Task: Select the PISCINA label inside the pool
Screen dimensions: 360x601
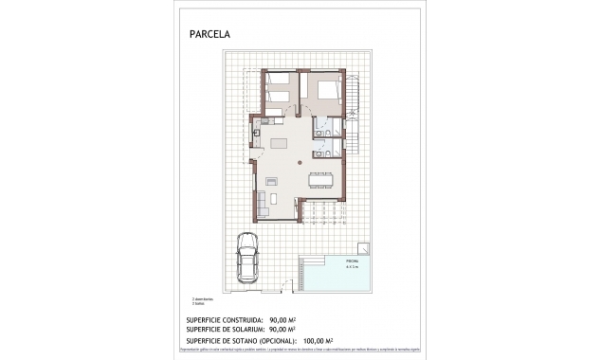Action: (352, 262)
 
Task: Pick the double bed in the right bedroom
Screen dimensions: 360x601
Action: (325, 92)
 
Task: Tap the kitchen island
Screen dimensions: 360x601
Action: (279, 143)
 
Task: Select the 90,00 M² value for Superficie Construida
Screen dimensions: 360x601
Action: (283, 320)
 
